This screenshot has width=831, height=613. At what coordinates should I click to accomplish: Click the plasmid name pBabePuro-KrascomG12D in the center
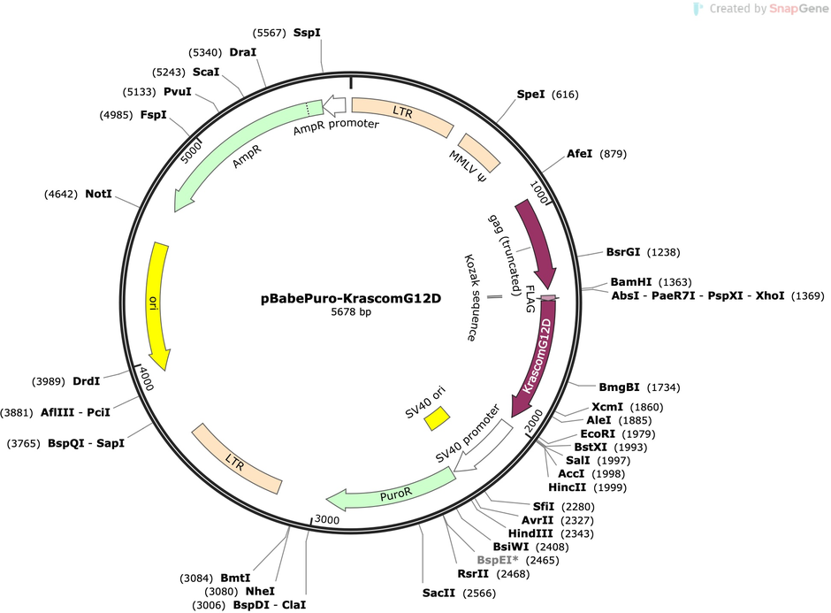(351, 298)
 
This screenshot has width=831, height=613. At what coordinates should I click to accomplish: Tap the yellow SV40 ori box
(437, 418)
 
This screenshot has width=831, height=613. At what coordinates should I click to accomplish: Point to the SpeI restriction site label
(530, 95)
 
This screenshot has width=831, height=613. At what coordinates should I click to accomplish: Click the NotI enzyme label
(99, 194)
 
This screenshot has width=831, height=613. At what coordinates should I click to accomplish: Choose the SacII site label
(438, 593)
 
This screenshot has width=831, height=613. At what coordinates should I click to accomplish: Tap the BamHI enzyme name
(630, 282)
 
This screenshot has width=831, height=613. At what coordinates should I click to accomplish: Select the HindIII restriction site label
(530, 533)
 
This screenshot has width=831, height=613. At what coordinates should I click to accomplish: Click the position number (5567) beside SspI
(270, 33)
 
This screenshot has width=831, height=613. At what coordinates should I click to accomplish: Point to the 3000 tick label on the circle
(327, 519)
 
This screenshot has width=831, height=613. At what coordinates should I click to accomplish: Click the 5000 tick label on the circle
(191, 153)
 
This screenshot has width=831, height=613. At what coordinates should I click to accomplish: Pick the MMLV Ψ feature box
(479, 153)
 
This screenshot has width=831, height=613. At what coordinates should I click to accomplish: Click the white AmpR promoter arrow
(334, 105)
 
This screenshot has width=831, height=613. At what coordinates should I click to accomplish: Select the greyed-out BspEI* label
(498, 560)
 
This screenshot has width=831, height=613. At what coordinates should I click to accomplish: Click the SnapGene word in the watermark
(798, 9)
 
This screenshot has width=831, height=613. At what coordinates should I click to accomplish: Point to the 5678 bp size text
(351, 311)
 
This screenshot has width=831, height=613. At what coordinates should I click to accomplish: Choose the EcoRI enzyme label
(598, 433)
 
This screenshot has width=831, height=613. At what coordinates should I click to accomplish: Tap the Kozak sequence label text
(470, 297)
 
